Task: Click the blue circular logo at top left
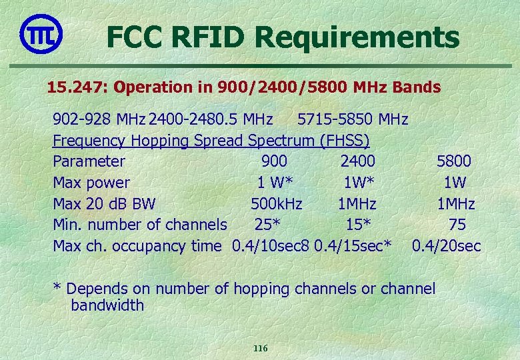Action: click(x=41, y=34)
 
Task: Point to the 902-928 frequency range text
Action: click(x=83, y=120)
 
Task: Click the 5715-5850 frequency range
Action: click(x=332, y=120)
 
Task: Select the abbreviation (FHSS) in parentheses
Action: click(x=345, y=141)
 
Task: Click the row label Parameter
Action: click(x=89, y=161)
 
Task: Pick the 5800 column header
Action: click(x=453, y=161)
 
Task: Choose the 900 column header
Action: click(x=274, y=161)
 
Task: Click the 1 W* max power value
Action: click(x=275, y=183)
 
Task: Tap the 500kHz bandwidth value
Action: click(x=276, y=203)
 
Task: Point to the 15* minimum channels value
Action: click(x=358, y=225)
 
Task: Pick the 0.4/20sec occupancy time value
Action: click(x=446, y=246)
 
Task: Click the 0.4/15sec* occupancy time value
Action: click(x=353, y=246)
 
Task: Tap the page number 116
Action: click(x=260, y=348)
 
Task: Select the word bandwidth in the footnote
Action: click(x=107, y=305)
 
